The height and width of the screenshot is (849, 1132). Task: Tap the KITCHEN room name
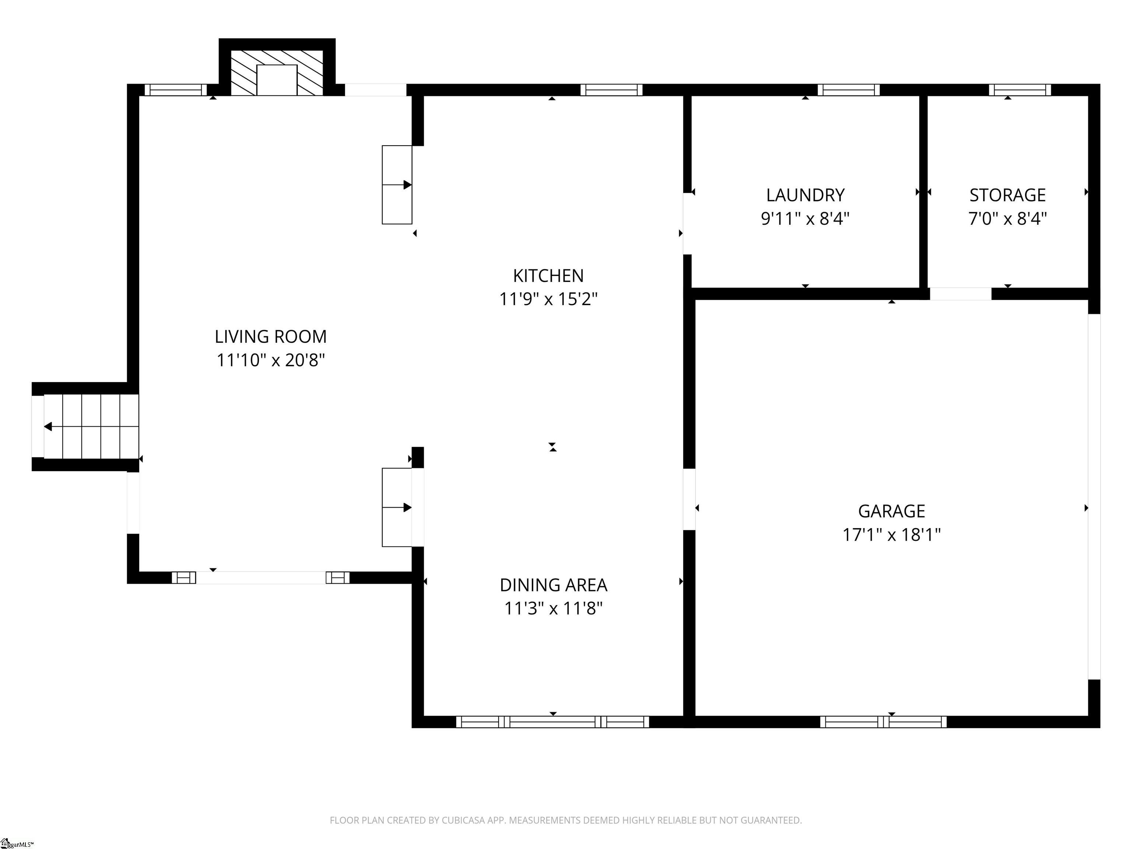(548, 276)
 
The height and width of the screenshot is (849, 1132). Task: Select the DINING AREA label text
(553, 585)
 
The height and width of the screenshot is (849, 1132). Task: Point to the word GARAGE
(891, 511)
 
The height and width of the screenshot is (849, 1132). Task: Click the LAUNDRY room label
(805, 195)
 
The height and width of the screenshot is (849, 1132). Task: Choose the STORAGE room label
(1007, 195)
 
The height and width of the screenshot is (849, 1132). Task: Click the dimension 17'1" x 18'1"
(891, 535)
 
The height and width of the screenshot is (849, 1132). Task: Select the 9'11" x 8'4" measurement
(805, 219)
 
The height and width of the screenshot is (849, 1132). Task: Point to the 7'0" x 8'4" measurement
(1007, 219)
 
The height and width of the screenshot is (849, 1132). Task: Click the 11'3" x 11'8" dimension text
(553, 608)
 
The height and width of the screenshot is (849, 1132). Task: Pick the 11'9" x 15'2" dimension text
(548, 299)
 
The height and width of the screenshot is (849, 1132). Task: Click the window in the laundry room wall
(849, 90)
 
